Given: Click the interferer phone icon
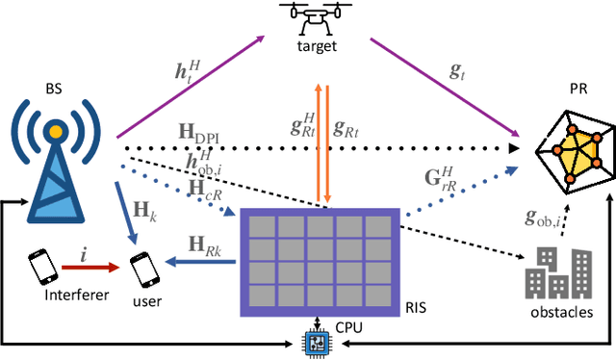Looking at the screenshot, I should [40, 266].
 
